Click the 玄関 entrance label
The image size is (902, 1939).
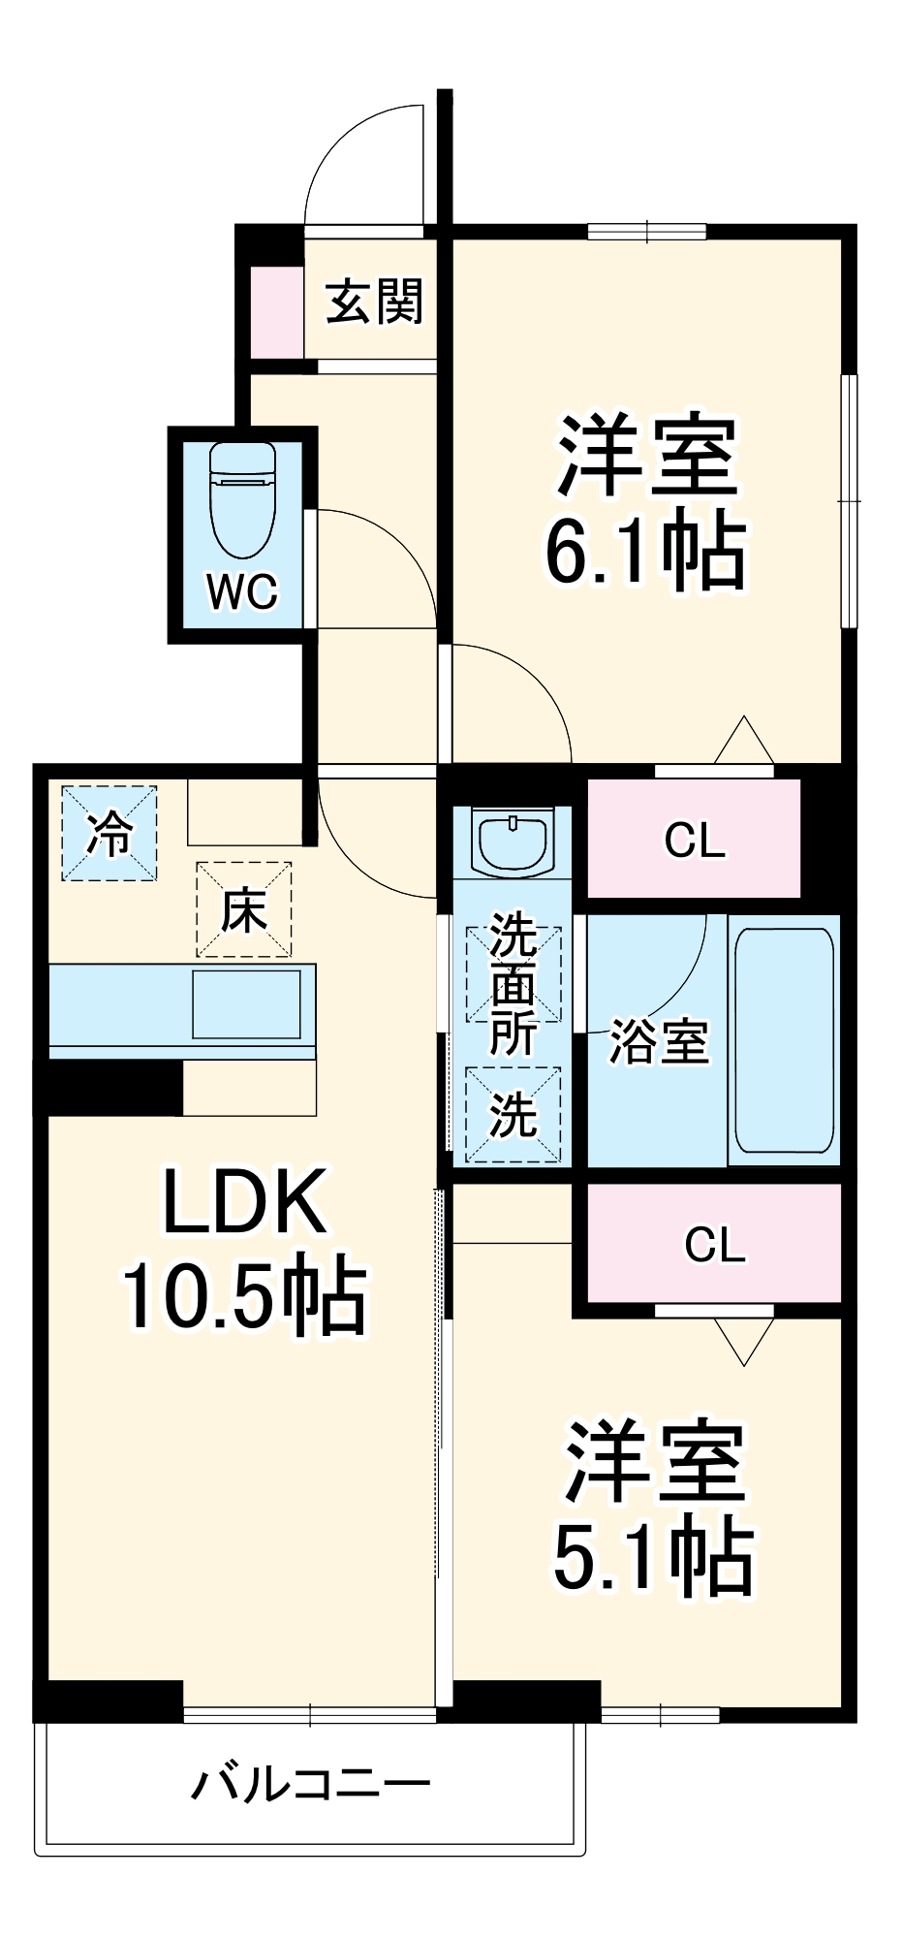374,302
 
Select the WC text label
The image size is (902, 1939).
242,590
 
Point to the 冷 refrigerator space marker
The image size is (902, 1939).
109,834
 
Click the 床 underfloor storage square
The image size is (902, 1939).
243,909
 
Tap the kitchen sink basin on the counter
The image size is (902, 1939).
246,1004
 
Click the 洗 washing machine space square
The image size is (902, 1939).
513,1113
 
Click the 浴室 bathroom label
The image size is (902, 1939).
659,1042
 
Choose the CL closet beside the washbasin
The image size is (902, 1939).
694,840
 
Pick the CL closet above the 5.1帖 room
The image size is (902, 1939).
714,1244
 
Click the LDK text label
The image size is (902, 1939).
243,1202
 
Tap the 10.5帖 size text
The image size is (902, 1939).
243,1295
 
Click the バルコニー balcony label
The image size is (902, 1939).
310,1784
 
